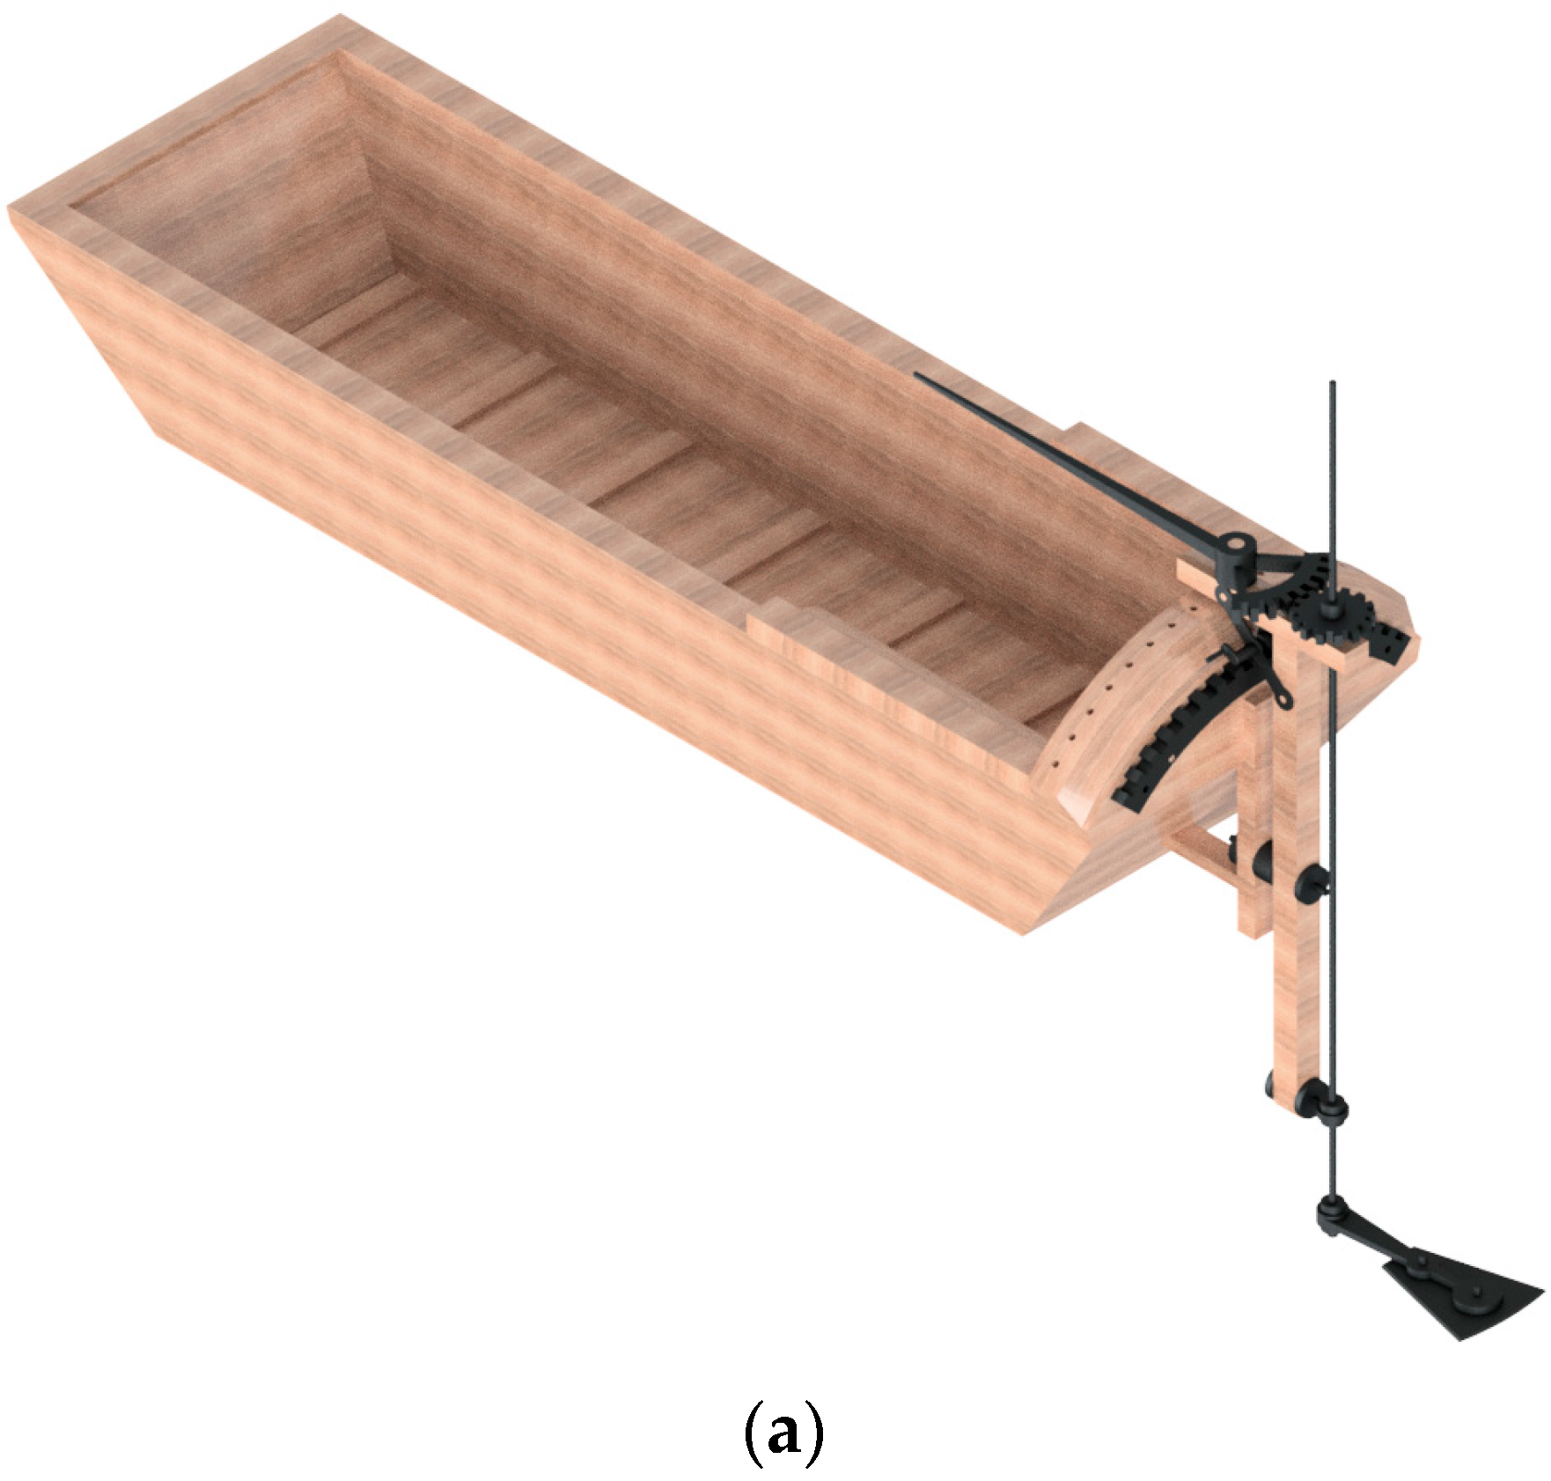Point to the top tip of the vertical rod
click(1333, 385)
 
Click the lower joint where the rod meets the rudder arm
click(1331, 1215)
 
